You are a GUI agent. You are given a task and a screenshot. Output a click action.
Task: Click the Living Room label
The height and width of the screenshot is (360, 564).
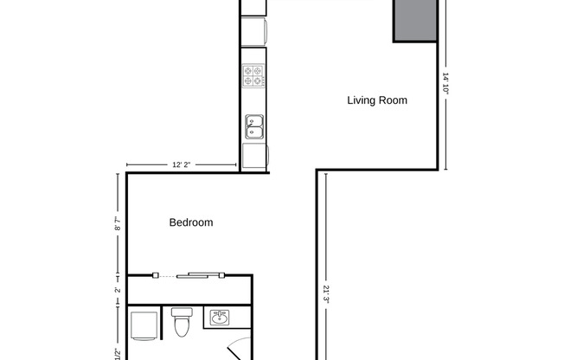coord(377,100)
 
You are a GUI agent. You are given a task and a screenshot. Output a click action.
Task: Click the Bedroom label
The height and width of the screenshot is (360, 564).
coord(190,222)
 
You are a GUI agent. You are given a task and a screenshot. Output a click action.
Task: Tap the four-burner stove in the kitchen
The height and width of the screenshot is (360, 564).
coord(253,76)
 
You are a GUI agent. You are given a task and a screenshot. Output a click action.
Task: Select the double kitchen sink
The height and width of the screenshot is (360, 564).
coord(254,126)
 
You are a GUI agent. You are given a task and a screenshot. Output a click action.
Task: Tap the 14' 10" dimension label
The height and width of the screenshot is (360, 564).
coord(445,88)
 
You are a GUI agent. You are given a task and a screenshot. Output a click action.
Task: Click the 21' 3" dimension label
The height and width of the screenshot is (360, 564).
coord(326,294)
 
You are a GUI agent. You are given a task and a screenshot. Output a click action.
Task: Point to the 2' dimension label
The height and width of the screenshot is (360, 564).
coord(118,289)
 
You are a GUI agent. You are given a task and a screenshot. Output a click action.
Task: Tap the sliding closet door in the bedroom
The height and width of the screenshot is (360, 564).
coord(200,275)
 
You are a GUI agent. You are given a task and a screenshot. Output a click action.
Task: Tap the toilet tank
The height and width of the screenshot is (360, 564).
coord(183,312)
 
